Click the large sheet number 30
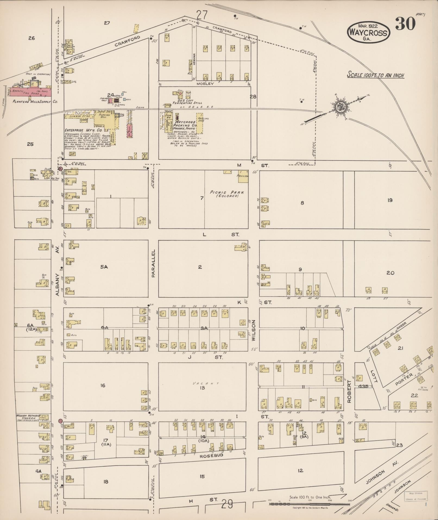tap(405, 24)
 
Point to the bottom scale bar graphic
tap(310, 504)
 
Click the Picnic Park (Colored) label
tap(227, 194)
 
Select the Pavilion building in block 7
tap(243, 174)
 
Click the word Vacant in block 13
tap(202, 383)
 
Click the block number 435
tap(363, 386)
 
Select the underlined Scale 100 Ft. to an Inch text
tap(375, 75)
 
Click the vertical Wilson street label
tap(254, 330)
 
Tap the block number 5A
tap(104, 267)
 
